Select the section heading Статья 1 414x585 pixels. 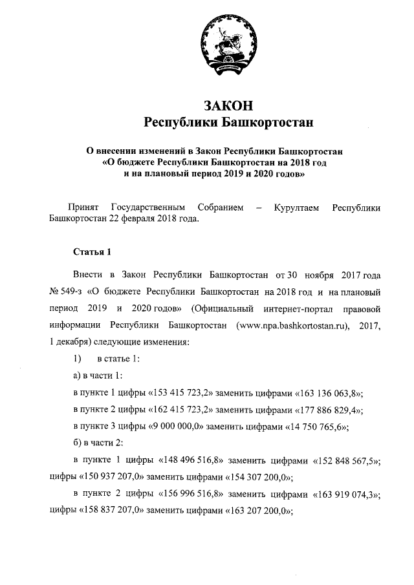click(x=93, y=250)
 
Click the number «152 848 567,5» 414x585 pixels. click(x=346, y=460)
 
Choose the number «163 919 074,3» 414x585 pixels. click(x=346, y=494)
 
